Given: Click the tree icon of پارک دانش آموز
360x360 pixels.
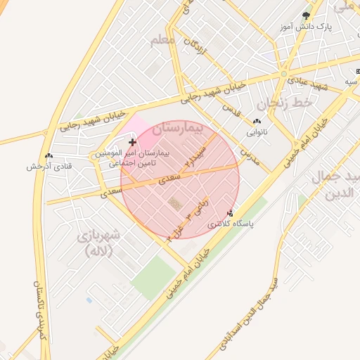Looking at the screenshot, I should click(305, 15).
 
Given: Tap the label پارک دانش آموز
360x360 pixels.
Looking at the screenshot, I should click(304, 27).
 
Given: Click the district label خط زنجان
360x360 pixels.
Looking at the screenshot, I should click(288, 104).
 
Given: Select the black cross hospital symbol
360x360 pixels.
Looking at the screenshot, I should click(131, 142).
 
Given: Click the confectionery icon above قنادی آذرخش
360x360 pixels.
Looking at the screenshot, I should click(48, 156).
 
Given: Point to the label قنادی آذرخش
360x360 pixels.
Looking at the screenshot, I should click(47, 167).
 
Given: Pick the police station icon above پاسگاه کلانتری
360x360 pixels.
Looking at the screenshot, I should click(231, 212).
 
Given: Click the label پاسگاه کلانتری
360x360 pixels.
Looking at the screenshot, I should click(231, 224).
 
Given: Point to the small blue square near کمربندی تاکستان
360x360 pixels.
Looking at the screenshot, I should click(89, 301).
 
